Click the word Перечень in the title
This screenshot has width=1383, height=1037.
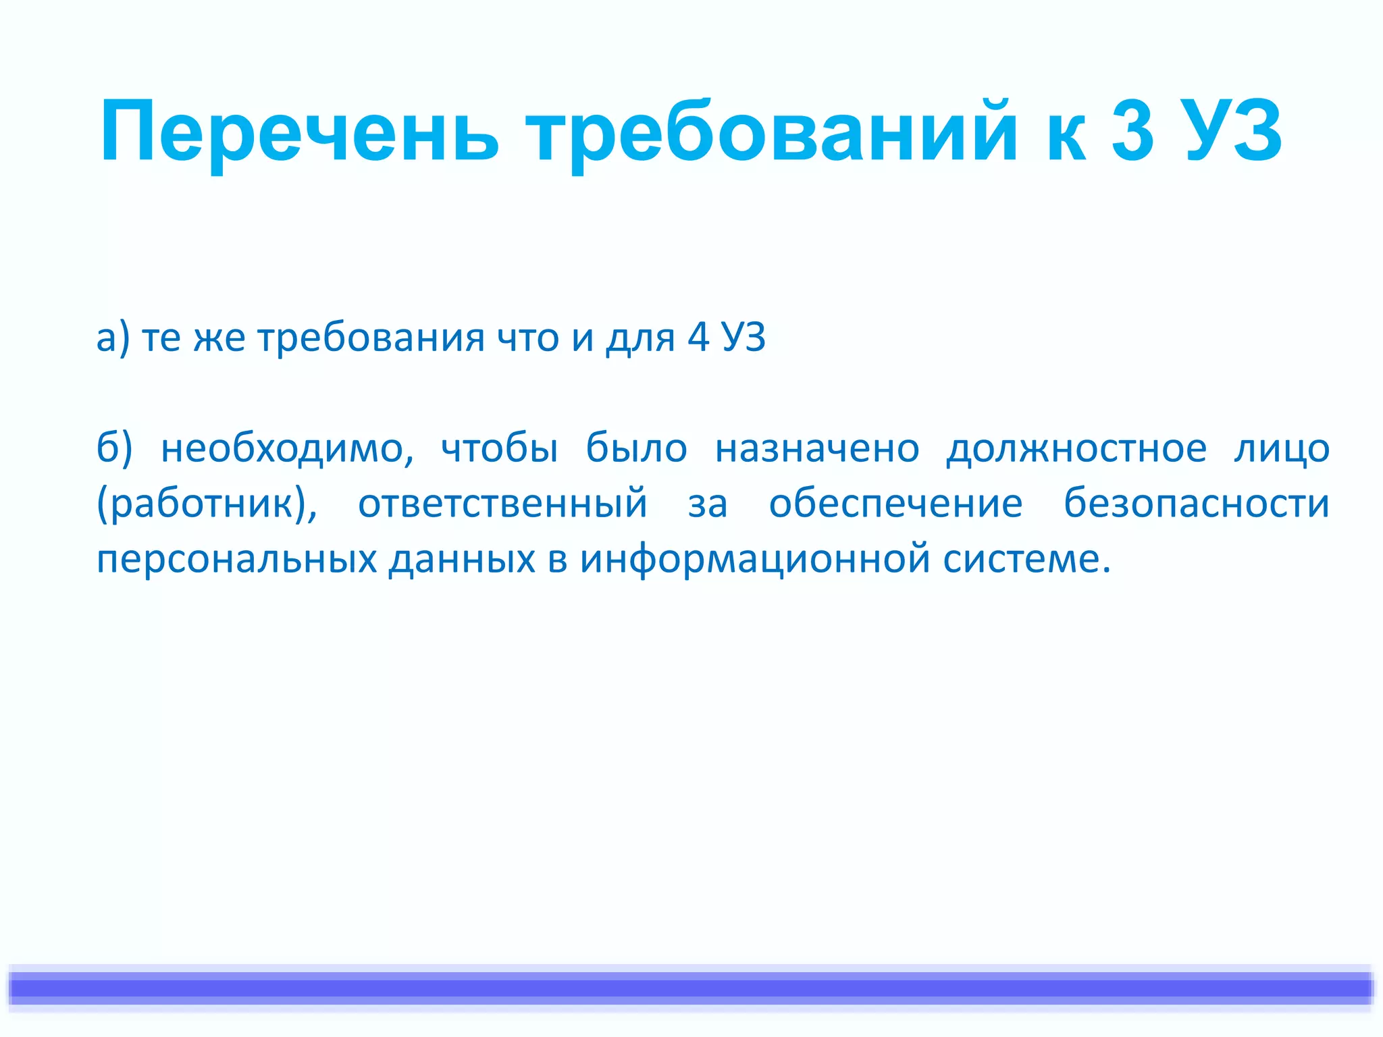[299, 132]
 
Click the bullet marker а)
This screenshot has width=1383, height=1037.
[113, 338]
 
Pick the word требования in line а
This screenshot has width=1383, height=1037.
[371, 338]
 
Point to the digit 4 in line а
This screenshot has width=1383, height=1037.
[698, 338]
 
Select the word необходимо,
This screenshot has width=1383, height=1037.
[287, 448]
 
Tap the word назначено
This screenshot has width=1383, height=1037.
[817, 448]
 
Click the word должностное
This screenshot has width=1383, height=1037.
[1076, 448]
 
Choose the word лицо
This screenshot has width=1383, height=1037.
[1282, 448]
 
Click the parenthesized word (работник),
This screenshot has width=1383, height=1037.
[207, 504]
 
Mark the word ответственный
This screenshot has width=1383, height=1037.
[502, 504]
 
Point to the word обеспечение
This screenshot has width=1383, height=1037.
[895, 504]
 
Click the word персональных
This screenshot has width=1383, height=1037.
[236, 559]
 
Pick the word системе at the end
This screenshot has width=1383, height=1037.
[1026, 559]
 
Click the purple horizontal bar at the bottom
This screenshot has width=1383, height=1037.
[691, 988]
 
